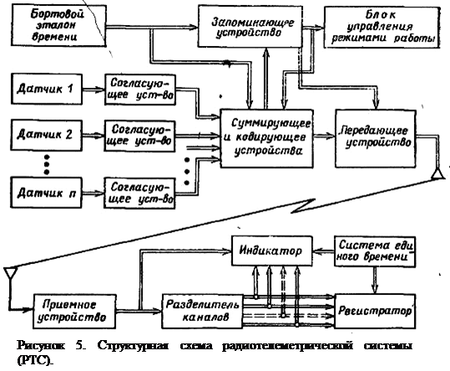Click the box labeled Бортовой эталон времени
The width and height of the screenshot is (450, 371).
coord(58,26)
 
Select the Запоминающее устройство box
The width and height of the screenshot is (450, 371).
coord(250,27)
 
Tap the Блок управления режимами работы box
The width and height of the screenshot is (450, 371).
coord(382,27)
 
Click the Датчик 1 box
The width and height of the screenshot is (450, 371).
coord(47,89)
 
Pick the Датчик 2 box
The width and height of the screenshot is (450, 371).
coord(47,135)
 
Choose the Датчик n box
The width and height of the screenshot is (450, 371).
coord(46,192)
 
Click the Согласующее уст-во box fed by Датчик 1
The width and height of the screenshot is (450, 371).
coord(140,89)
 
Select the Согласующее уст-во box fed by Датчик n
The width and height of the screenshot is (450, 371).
coord(139,193)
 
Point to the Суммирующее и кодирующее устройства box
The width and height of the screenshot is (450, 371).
coord(266,138)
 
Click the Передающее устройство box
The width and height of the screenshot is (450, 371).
coord(376,139)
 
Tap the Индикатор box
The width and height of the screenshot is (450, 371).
coord(272,251)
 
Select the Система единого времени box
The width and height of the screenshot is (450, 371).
coord(376,252)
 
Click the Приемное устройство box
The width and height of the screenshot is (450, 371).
coord(74,311)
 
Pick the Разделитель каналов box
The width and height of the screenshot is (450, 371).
coord(202,311)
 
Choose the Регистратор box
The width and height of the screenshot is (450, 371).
coord(376,312)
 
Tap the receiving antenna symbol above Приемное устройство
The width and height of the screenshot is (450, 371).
coord(11,272)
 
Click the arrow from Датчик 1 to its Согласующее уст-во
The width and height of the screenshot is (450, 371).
coord(94,89)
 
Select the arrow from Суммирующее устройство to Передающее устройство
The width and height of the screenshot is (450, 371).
coord(324,136)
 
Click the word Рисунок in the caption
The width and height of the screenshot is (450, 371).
coord(41,345)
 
